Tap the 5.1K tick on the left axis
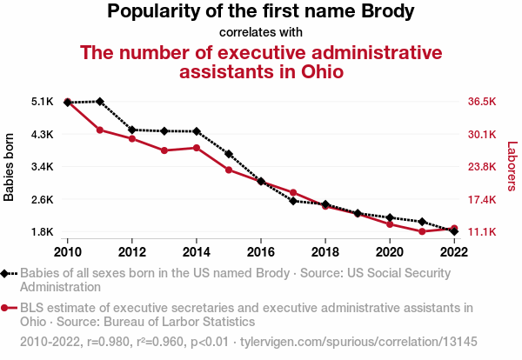coord(42,102)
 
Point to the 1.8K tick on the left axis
coord(42,232)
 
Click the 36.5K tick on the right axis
coord(481,102)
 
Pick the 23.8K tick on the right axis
coord(481,167)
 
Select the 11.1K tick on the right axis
coord(481,232)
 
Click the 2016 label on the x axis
coord(261,252)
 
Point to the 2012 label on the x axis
coord(132,252)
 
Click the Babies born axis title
coord(10,167)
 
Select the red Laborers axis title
coord(512,167)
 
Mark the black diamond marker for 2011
coord(100,102)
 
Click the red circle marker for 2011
coord(100,130)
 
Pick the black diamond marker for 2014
coord(197,131)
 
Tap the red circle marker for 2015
coord(229,170)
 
